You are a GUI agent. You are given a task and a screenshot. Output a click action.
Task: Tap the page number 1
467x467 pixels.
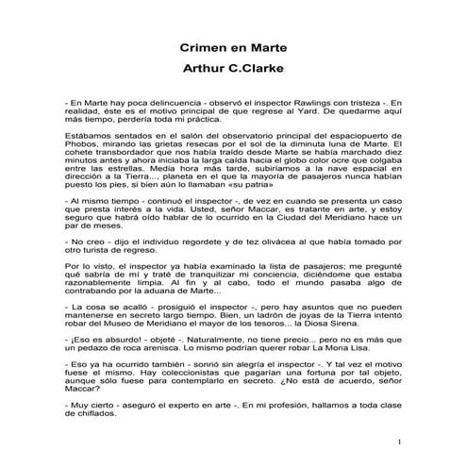pyautogui.click(x=399, y=442)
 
